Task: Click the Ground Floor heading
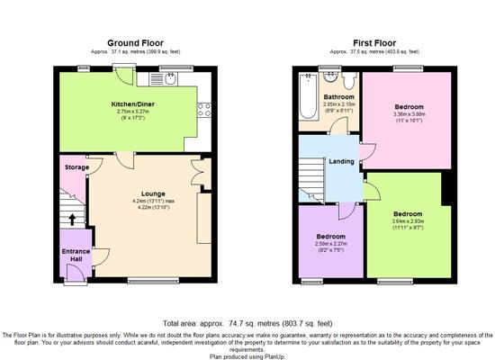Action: coord(134,42)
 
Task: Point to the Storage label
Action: coord(76,167)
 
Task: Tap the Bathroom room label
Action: coord(339,96)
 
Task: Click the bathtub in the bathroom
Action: coord(306,101)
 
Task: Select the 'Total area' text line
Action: coord(246,323)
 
